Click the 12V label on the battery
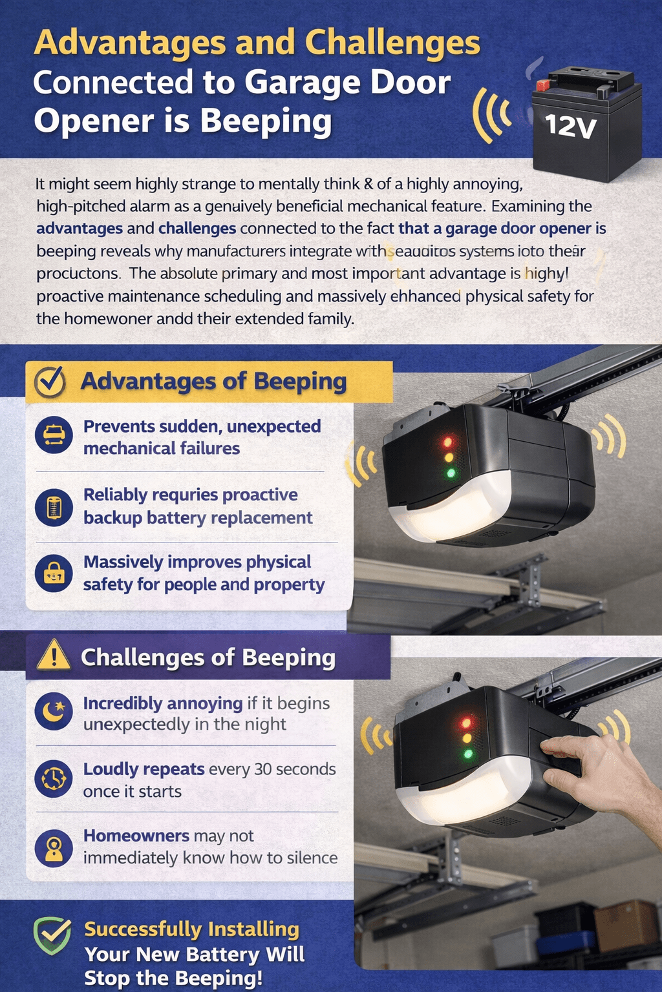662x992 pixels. point(570,125)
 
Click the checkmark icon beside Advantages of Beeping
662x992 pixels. point(50,382)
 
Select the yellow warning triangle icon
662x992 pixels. point(54,656)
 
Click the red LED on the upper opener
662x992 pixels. point(447,442)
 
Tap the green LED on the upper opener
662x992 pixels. point(451,473)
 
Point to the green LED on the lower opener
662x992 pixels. point(468,754)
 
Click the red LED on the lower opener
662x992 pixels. point(465,722)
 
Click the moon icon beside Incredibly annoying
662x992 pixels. point(54,712)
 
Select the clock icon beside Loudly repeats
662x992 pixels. point(54,779)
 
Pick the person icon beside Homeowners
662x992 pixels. point(54,847)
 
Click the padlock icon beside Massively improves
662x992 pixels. point(54,573)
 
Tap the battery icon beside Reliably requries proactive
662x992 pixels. point(54,507)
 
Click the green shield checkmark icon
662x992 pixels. point(52,935)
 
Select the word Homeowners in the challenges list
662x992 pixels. point(136,836)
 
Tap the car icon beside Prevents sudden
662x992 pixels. point(54,435)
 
